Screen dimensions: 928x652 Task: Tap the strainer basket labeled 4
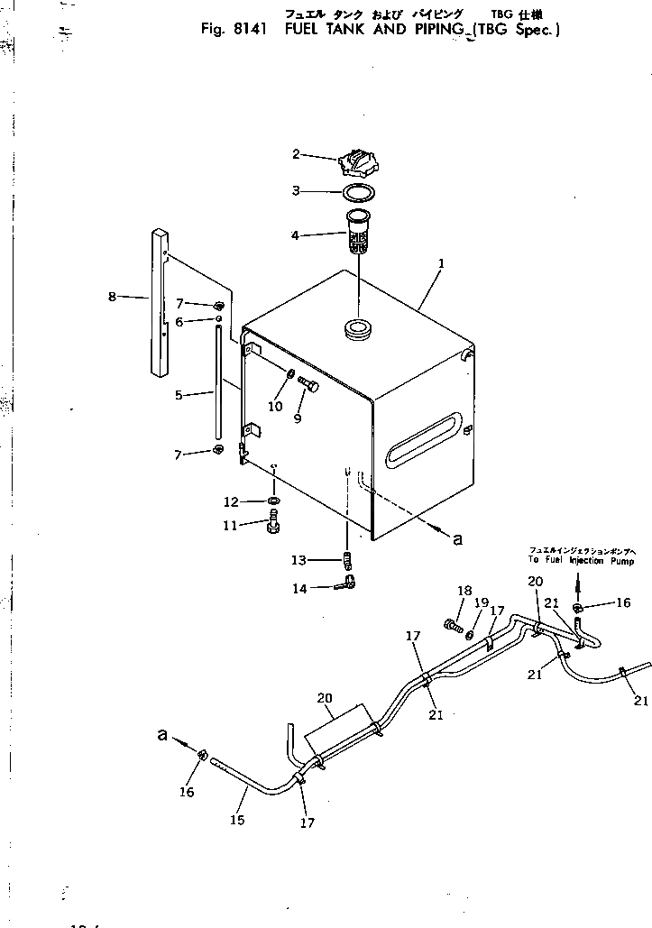[358, 232]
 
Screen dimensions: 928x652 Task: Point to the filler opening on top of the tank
[358, 327]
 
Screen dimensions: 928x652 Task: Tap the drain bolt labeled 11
[273, 522]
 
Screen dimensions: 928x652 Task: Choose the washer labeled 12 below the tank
[273, 501]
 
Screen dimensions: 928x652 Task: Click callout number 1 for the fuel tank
[440, 265]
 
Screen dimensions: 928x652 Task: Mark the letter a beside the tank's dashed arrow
[456, 538]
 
